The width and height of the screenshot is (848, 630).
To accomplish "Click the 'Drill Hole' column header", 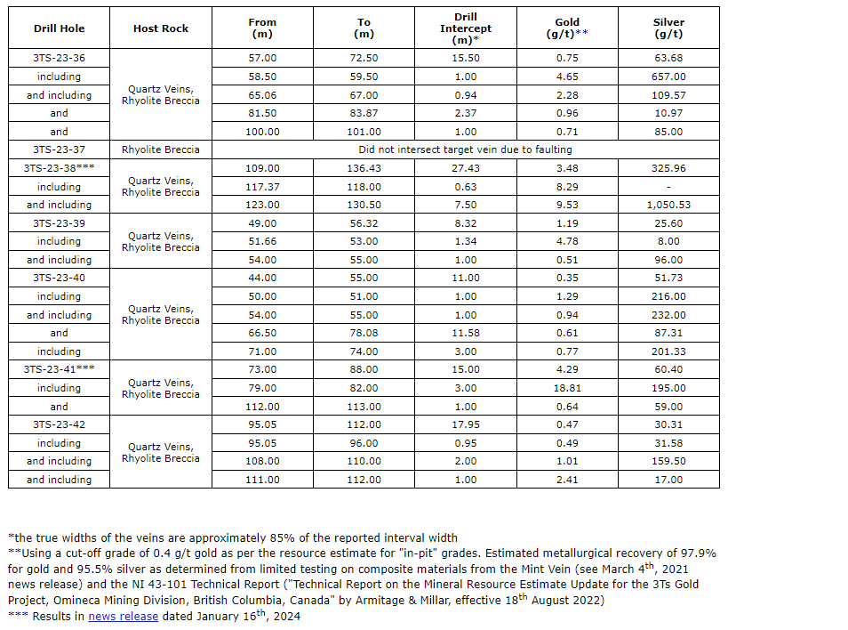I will (59, 28).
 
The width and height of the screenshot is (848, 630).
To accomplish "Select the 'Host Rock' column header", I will (161, 28).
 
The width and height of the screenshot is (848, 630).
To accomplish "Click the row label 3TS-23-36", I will (59, 59).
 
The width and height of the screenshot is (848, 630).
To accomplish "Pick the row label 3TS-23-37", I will (59, 149).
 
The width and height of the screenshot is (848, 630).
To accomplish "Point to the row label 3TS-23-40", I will (59, 278).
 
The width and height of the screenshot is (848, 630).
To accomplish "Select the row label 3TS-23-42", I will (59, 424).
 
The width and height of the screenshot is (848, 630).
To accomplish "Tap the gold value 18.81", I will (567, 388).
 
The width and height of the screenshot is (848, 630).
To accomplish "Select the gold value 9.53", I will (567, 205).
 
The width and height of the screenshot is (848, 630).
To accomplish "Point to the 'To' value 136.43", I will (364, 168).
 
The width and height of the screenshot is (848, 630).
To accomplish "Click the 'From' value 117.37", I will (262, 187).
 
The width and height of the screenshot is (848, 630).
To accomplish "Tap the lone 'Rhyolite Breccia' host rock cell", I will (161, 149).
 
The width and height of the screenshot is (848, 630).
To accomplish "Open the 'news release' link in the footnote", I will (123, 616).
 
